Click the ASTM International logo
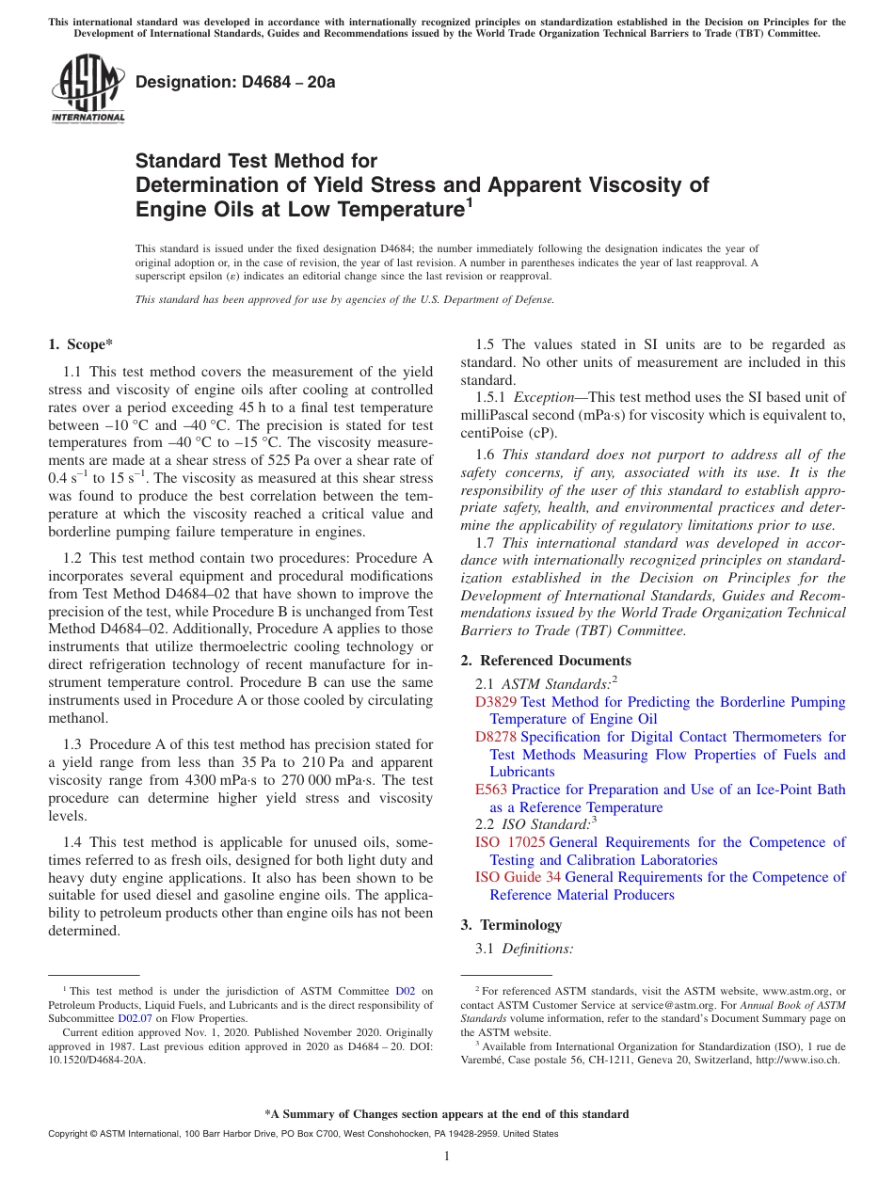88,90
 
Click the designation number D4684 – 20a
235,82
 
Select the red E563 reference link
491,790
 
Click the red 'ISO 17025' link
509,842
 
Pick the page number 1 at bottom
447,1157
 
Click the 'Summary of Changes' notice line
447,1114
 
